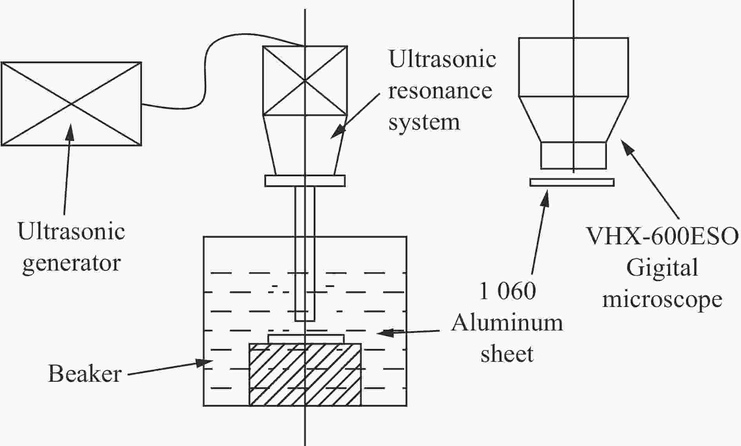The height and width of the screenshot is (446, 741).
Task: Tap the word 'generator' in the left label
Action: pyautogui.click(x=71, y=264)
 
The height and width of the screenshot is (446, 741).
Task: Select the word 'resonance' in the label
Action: pyautogui.click(x=440, y=91)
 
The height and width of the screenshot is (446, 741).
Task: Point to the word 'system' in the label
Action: pyautogui.click(x=424, y=123)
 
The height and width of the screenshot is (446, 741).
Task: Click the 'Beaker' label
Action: pyautogui.click(x=85, y=374)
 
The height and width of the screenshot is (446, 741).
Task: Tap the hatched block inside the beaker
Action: pyautogui.click(x=305, y=374)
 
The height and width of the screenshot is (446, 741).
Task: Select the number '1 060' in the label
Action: pyautogui.click(x=507, y=291)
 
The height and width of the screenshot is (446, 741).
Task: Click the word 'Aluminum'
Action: pyautogui.click(x=507, y=323)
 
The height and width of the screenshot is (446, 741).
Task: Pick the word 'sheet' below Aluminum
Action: pyautogui.click(x=507, y=354)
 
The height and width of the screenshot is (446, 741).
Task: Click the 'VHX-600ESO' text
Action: pyautogui.click(x=662, y=236)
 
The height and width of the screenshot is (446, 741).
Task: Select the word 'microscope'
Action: pyautogui.click(x=662, y=300)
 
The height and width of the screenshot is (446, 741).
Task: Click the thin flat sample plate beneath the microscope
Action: pyautogui.click(x=572, y=182)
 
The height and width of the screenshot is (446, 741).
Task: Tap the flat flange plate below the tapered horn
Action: pyautogui.click(x=305, y=181)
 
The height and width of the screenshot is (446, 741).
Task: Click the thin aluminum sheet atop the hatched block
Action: pyautogui.click(x=306, y=339)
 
